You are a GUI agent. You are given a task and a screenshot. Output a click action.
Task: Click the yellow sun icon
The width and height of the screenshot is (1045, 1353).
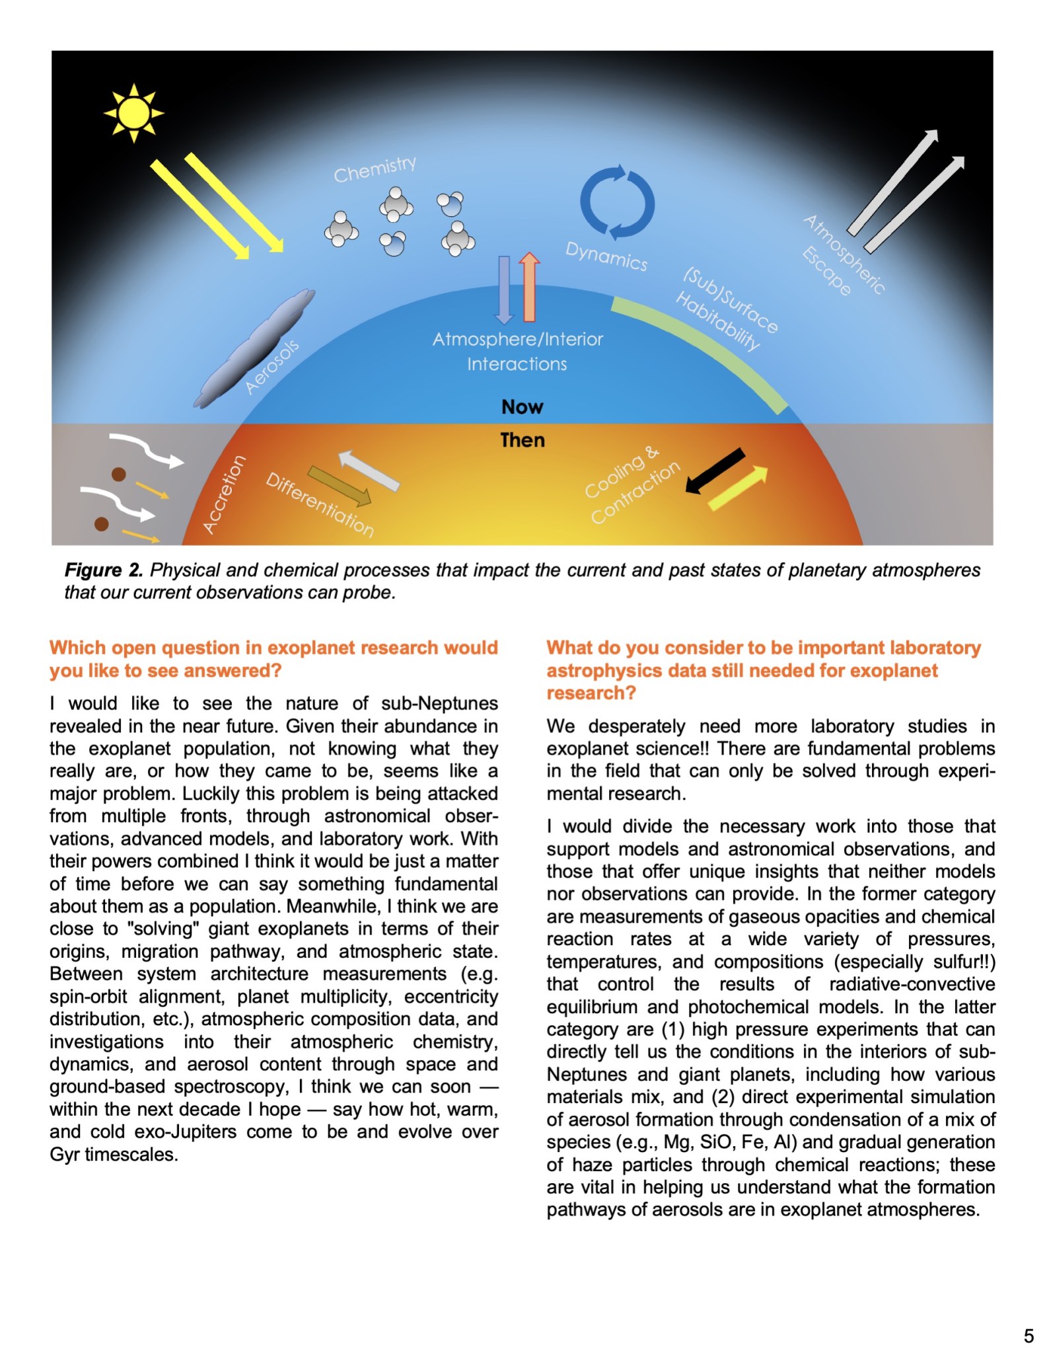click(x=133, y=112)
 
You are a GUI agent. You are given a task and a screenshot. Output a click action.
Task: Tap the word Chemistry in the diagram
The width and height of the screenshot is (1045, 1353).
click(x=375, y=169)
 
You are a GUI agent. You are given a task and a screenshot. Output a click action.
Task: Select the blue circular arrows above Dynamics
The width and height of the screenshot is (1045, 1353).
click(x=617, y=202)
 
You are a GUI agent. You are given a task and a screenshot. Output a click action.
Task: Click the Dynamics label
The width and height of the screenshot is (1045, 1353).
click(x=606, y=256)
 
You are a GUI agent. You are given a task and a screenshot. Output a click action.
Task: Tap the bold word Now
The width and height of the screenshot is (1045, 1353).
click(x=522, y=406)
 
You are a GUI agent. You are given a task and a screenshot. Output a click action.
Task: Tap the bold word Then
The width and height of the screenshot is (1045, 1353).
click(x=522, y=440)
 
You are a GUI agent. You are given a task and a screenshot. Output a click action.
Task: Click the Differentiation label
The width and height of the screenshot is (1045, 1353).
click(x=320, y=504)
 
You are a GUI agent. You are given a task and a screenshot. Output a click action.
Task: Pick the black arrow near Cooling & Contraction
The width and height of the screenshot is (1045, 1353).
click(x=715, y=470)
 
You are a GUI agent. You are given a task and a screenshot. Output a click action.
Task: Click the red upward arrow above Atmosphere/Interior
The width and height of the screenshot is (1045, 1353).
click(x=529, y=286)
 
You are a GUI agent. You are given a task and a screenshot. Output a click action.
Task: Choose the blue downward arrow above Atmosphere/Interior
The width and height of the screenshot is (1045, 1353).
click(x=504, y=290)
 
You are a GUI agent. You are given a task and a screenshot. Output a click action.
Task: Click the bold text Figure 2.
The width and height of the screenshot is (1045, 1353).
click(x=103, y=570)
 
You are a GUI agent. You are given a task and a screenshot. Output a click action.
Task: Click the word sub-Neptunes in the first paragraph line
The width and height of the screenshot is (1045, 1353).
click(x=439, y=703)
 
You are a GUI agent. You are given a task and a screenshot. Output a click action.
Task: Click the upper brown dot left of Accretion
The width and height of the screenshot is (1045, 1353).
click(x=119, y=474)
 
